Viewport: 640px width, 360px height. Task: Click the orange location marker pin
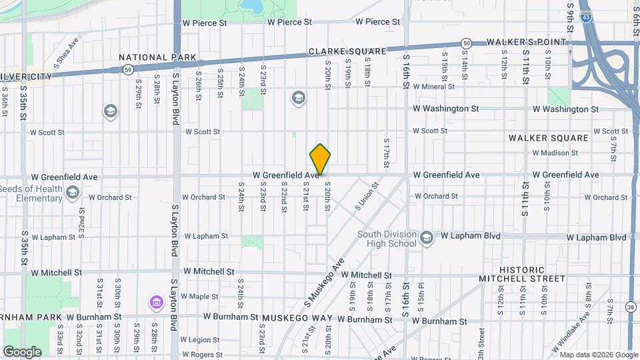320,160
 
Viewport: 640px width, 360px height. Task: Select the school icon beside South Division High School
427,237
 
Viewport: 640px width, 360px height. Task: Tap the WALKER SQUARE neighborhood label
549,138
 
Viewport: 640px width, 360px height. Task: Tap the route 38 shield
631,307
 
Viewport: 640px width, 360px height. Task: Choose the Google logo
21,351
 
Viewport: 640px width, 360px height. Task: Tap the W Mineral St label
433,87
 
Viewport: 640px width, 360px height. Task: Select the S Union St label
367,196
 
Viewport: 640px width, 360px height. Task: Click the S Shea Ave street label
67,51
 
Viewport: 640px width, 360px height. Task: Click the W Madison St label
555,153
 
